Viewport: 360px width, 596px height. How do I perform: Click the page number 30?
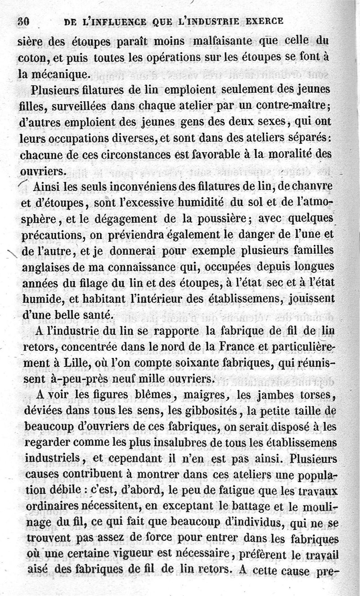23,21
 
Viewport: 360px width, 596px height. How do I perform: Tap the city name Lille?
85,363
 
